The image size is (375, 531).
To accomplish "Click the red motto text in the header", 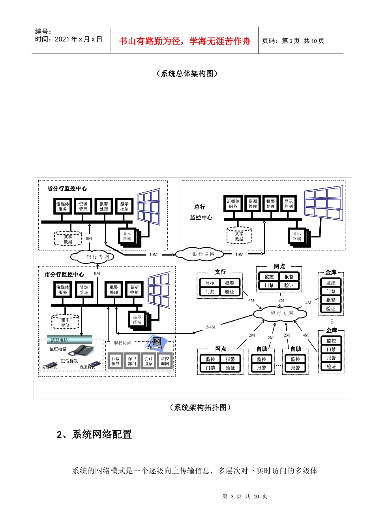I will coord(184,41).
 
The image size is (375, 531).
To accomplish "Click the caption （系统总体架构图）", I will coord(187,73).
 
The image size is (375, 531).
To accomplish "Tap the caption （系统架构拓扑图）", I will coord(201,407).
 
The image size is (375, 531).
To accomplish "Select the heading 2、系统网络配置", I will coord(94,434).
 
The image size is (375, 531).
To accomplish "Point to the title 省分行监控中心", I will coord(67,188).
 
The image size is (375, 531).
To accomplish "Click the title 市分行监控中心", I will coord(64,274).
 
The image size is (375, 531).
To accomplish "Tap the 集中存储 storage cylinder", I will coord(65,322).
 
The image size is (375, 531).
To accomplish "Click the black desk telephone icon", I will coord(81,350).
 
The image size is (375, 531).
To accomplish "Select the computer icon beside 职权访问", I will coord(156,342).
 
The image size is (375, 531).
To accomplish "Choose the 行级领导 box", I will coord(115,361).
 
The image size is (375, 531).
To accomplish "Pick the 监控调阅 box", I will coord(165,361).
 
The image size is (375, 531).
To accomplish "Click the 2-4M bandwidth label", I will coord(210,327).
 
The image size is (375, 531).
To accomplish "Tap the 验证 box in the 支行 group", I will coord(230,292).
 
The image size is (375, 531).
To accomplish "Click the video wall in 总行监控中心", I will coord(324,203).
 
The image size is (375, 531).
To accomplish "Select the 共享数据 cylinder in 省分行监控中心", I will coord(68,239).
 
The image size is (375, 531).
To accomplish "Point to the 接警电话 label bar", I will coord(66,339).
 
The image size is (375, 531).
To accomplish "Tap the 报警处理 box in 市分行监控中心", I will coord(114,290).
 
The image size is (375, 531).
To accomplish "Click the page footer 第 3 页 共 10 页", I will coord(245,496).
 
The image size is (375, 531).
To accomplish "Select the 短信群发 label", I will coord(69,361).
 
